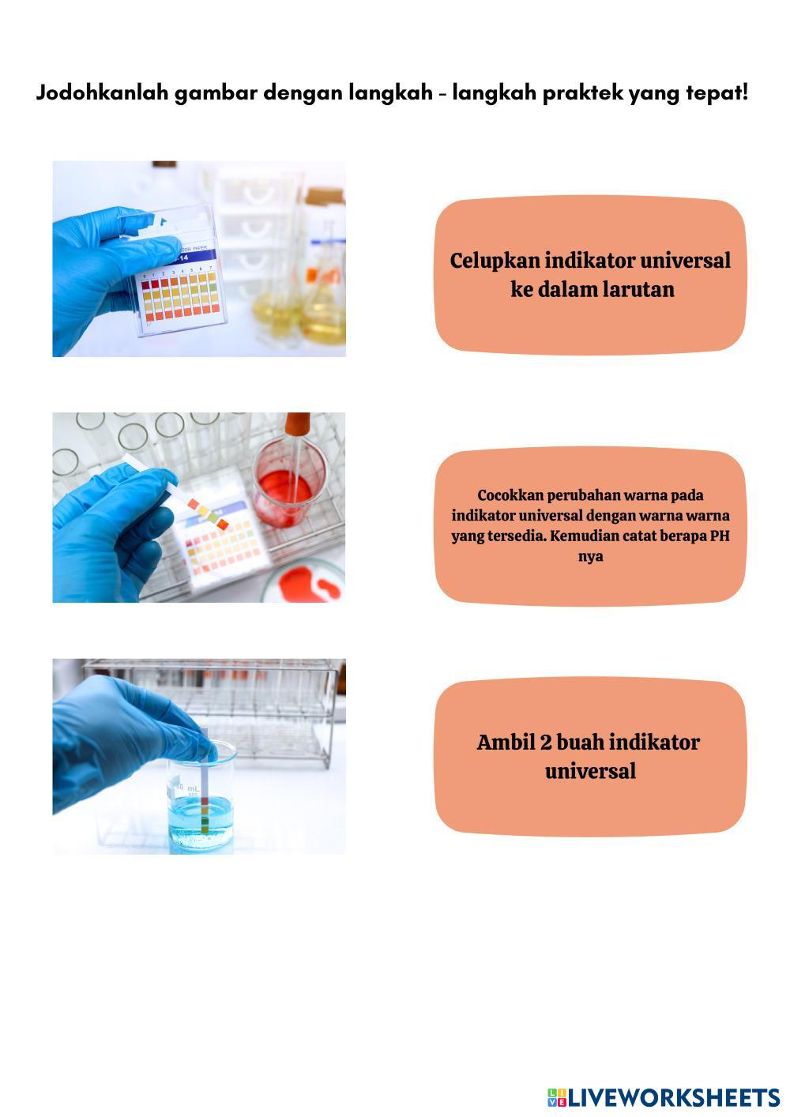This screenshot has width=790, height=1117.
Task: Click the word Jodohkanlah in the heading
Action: (x=102, y=92)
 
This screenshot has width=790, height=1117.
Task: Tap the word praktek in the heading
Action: (x=582, y=94)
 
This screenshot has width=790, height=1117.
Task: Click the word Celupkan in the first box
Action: (x=495, y=261)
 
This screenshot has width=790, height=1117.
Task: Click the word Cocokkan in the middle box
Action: (x=510, y=495)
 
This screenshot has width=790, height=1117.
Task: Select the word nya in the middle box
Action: (x=590, y=557)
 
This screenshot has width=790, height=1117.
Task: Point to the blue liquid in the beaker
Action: (x=201, y=820)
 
